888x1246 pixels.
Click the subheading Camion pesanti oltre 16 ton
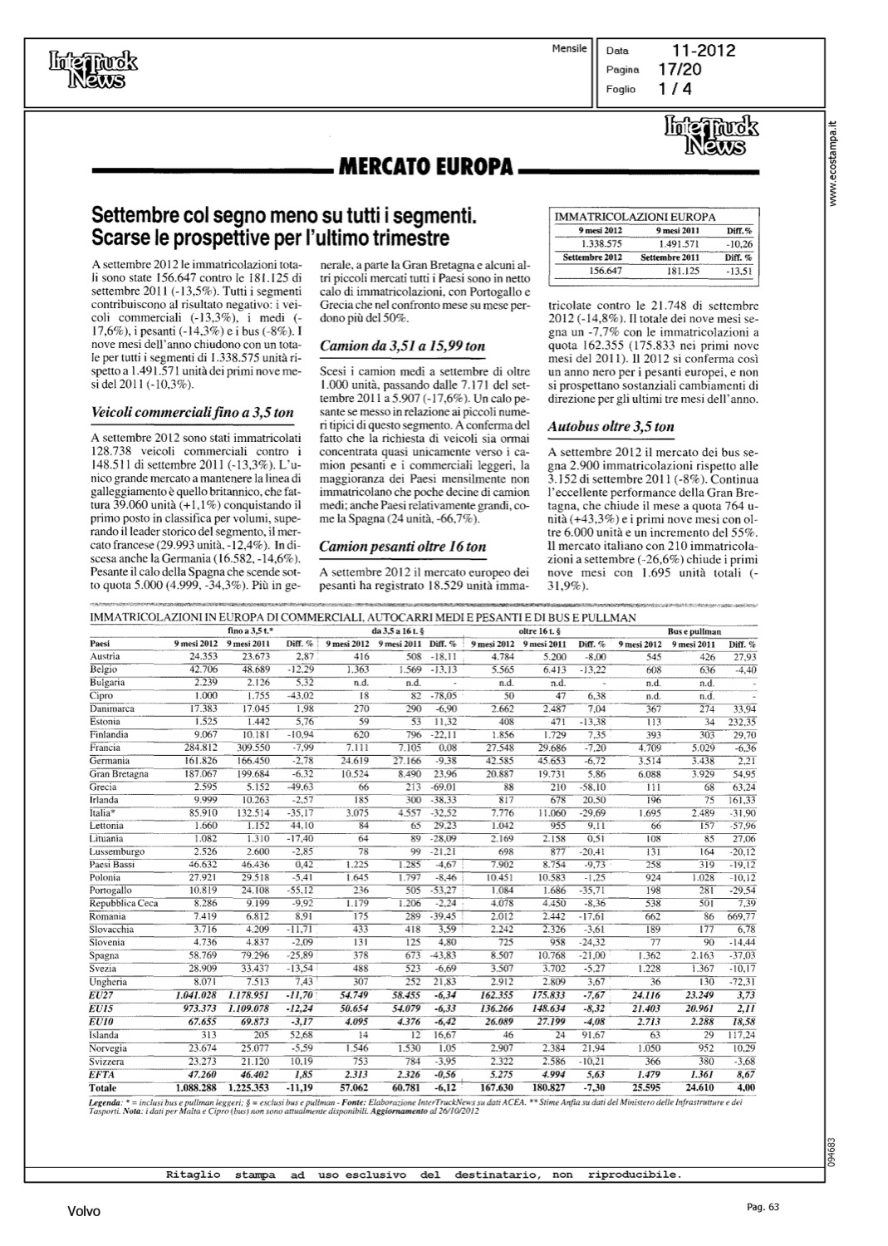coord(403,547)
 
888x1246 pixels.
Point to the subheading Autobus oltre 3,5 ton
coord(611,427)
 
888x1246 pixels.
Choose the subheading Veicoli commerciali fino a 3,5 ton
coord(191,412)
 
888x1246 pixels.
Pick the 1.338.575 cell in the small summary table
coord(600,244)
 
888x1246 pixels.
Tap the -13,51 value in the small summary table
coord(738,270)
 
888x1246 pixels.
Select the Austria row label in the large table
coord(104,656)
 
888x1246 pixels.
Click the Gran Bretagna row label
coord(119,773)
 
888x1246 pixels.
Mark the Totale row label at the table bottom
coord(104,1087)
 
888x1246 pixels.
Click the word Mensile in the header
coord(569,49)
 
